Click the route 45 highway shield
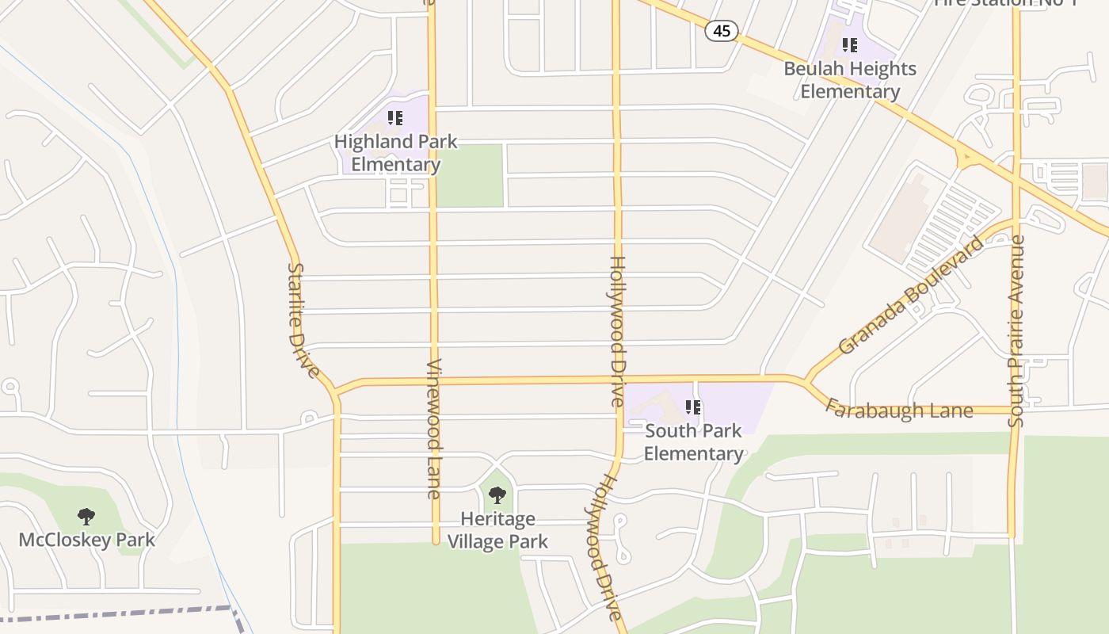tap(721, 31)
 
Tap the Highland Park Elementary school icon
tap(395, 119)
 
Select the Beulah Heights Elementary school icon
tap(850, 45)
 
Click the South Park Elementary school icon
tap(693, 408)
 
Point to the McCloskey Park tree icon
tap(86, 518)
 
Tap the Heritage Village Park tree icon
tap(497, 496)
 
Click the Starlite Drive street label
tap(303, 320)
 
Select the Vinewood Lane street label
tap(433, 429)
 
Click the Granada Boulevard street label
tap(910, 295)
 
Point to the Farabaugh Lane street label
tap(898, 409)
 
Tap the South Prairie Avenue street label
tap(1016, 330)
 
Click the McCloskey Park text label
tap(86, 540)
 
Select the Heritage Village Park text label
tap(497, 531)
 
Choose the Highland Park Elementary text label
tap(395, 153)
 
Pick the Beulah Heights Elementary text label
tap(850, 80)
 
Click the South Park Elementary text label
tap(693, 442)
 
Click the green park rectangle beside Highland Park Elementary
tap(471, 176)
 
